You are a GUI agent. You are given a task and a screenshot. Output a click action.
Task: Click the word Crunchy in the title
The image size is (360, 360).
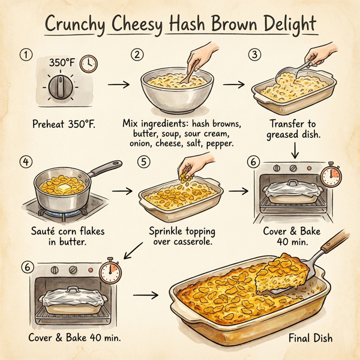76,27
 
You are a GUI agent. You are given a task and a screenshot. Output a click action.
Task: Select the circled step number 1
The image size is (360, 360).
25,55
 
